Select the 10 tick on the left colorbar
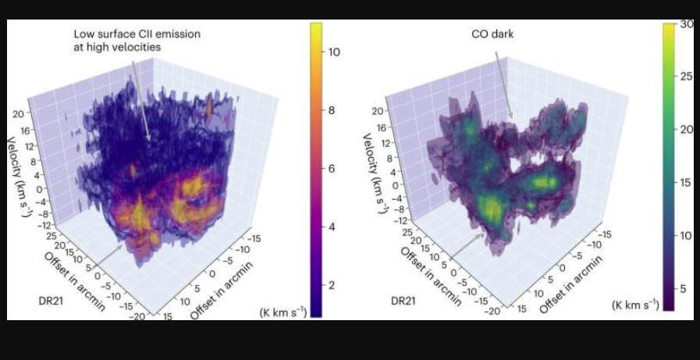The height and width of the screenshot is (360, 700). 333,52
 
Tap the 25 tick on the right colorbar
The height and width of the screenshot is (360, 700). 684,77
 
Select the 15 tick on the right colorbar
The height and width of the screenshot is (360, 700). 684,182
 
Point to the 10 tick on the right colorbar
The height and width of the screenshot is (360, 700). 684,235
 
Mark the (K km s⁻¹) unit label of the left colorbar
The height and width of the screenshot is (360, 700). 283,312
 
